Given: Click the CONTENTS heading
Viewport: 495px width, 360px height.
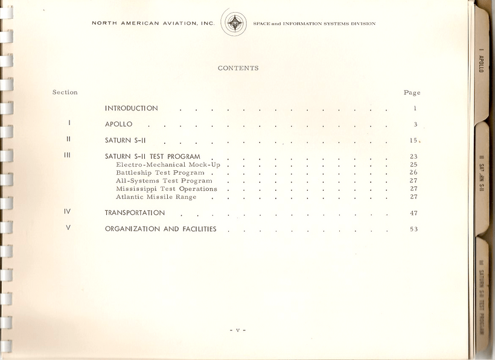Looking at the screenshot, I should [x=238, y=68].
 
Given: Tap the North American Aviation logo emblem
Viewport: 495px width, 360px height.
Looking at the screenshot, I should [x=234, y=24].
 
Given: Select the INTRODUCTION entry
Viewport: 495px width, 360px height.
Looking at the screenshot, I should [x=132, y=109].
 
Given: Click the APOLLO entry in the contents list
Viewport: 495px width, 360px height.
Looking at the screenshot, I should [x=118, y=124].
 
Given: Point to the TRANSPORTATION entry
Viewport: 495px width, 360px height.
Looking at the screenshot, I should [x=135, y=213].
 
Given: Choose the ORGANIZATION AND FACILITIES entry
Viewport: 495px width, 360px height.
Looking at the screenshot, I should [x=161, y=230].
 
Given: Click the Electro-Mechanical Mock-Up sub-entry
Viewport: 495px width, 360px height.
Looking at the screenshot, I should [x=168, y=165].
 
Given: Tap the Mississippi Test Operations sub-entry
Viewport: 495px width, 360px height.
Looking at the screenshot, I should [x=166, y=189].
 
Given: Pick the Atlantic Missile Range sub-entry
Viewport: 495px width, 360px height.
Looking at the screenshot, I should [x=156, y=197].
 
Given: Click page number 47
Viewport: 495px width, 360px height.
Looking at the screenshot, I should [x=414, y=213].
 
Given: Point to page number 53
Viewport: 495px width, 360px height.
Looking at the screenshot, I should [x=414, y=230].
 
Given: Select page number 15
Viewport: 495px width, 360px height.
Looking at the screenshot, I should [x=414, y=141].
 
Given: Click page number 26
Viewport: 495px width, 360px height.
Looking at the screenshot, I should [x=414, y=173].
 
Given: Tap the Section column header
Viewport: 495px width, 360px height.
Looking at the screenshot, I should [x=65, y=92].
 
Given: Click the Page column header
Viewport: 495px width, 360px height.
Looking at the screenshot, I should [x=412, y=93].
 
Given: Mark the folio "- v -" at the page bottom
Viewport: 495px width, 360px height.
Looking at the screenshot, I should [x=238, y=330].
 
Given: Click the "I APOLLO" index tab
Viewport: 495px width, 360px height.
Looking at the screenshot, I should [x=481, y=60].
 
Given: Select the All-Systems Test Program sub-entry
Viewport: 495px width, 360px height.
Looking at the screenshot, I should [x=164, y=181].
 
